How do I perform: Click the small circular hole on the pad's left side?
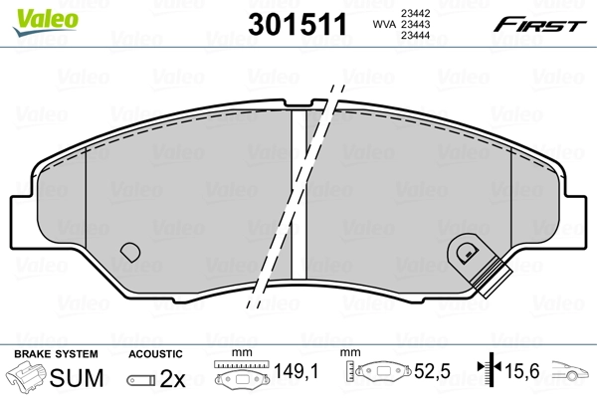(128, 253)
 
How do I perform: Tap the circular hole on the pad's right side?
(463, 253)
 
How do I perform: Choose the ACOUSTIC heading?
(155, 353)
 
